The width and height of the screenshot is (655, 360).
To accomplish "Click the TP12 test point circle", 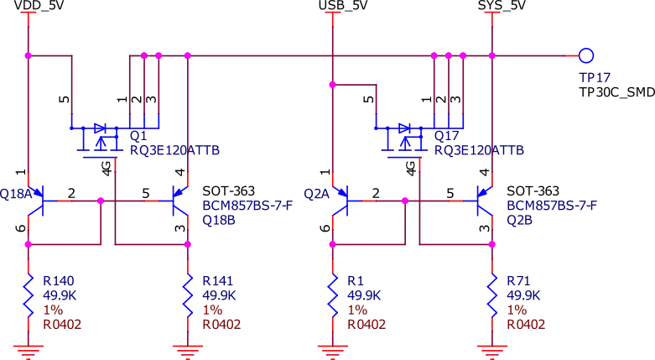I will click(x=586, y=56).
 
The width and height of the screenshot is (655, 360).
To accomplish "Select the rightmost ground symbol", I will click(x=491, y=347).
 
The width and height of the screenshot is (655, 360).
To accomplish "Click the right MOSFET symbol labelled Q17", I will click(x=405, y=138).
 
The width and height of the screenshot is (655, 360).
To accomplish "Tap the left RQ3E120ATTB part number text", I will click(x=174, y=151).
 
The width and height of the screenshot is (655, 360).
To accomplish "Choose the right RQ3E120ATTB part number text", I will click(x=478, y=151).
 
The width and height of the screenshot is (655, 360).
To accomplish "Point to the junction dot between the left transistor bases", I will click(x=101, y=201).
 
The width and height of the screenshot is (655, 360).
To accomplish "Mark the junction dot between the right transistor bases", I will click(x=405, y=201).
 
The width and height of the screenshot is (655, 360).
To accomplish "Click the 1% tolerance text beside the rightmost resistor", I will click(x=513, y=310).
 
